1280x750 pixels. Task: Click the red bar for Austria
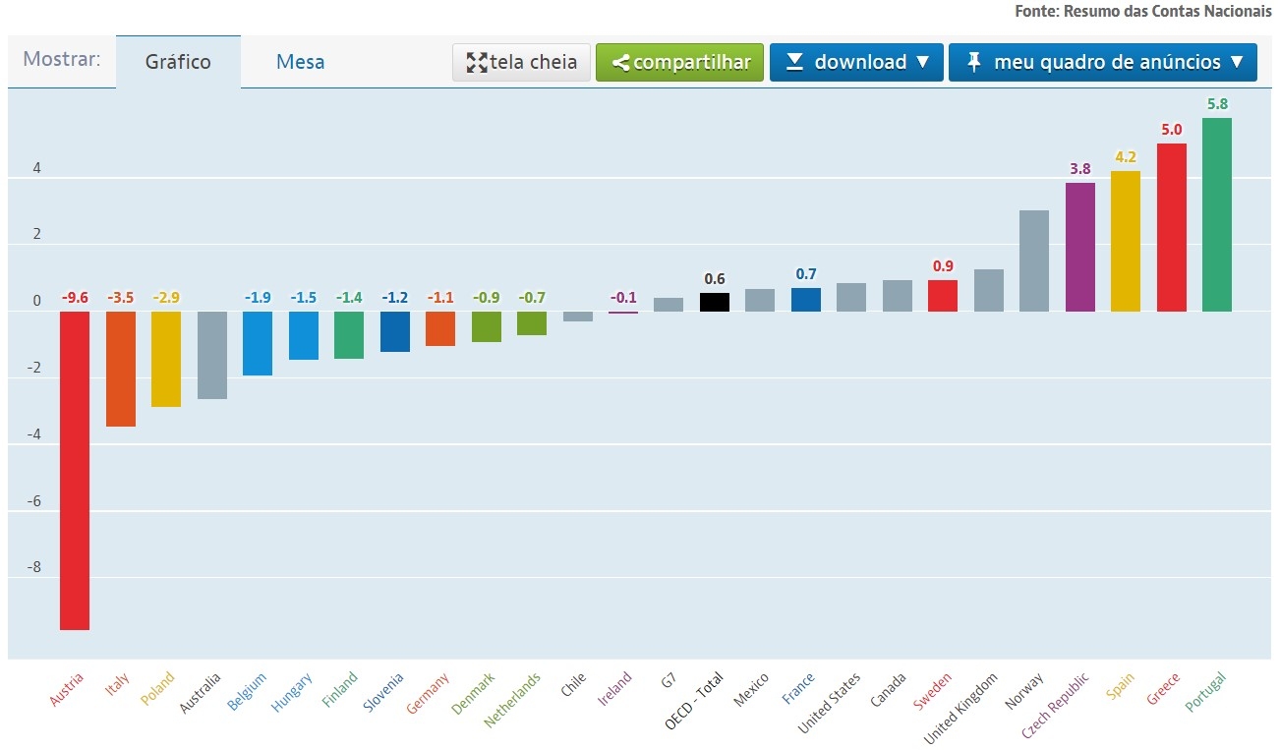click(x=75, y=471)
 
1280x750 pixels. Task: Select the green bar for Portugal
click(x=1217, y=214)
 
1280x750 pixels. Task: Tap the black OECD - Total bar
click(x=715, y=302)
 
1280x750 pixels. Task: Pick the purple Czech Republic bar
click(x=1080, y=248)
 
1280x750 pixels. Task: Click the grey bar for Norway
click(x=1034, y=261)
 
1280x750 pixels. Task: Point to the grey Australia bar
click(x=212, y=355)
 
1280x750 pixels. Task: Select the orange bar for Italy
click(x=121, y=369)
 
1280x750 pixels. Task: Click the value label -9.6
click(x=75, y=298)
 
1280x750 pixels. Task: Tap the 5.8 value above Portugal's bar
click(x=1217, y=104)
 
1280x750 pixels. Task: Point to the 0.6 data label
click(x=715, y=279)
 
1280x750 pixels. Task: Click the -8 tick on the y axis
click(x=33, y=567)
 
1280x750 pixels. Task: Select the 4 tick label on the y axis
click(x=36, y=168)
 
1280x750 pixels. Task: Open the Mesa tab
click(x=300, y=62)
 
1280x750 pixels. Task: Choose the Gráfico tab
click(x=178, y=62)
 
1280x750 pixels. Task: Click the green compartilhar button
click(x=679, y=62)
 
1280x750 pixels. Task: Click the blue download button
click(x=856, y=62)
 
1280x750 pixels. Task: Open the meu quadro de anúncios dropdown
click(x=1103, y=62)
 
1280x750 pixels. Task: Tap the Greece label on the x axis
click(x=1163, y=689)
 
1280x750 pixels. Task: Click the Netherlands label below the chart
click(x=512, y=700)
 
